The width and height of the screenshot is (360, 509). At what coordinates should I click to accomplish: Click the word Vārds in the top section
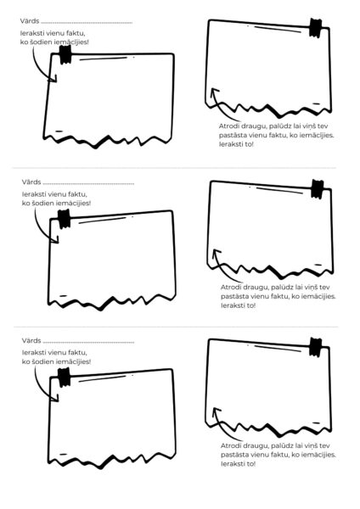(x=30, y=21)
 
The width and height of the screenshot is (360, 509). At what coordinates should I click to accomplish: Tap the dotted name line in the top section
(x=87, y=23)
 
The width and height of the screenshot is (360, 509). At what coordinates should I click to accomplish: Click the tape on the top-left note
(x=65, y=54)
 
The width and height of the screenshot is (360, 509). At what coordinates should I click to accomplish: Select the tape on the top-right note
(x=315, y=28)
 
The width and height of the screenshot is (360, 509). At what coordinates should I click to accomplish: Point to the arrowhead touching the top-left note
(x=53, y=79)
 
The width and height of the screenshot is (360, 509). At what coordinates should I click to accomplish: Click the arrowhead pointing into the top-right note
(x=214, y=92)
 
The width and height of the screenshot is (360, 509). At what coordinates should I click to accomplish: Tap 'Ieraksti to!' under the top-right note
(x=236, y=144)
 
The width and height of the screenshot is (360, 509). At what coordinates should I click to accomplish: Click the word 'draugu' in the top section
(x=256, y=126)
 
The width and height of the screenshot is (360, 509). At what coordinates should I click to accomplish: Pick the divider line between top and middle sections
(x=174, y=168)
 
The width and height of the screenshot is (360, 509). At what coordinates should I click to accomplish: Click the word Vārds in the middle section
(x=31, y=182)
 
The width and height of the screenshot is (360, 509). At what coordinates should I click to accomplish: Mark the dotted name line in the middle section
(x=88, y=184)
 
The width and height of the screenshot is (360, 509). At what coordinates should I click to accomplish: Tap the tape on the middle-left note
(x=64, y=219)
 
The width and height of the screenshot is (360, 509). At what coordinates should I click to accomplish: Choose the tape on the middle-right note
(x=317, y=189)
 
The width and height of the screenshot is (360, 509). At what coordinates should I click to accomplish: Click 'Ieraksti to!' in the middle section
(x=238, y=305)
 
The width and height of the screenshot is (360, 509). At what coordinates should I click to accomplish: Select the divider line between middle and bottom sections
(x=176, y=327)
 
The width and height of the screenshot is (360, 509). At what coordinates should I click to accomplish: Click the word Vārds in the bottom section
(x=31, y=340)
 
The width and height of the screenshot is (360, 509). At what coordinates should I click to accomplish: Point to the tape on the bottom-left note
(x=64, y=378)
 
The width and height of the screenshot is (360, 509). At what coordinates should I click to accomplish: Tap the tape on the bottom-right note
(x=315, y=347)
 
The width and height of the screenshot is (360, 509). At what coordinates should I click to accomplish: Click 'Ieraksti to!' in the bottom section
(x=238, y=464)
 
